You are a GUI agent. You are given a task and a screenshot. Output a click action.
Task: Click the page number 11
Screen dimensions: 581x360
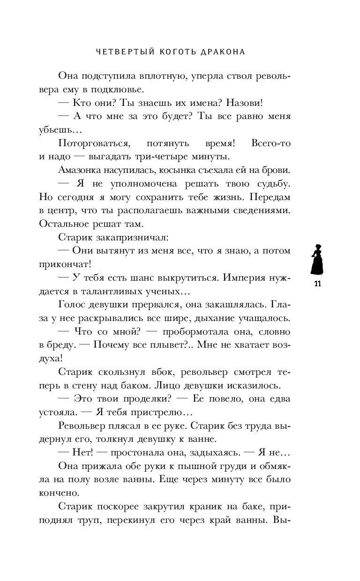tap(317, 284)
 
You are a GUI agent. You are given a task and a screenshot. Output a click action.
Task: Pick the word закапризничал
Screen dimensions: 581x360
tap(125, 238)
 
